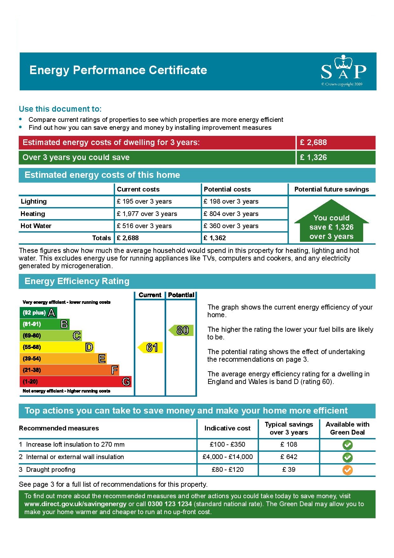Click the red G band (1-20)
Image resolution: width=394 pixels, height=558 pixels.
point(75,381)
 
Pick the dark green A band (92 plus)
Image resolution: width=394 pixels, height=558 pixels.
point(38,312)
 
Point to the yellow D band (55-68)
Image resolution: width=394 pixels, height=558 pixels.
point(57,347)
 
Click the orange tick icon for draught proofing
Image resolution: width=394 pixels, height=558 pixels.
point(347,470)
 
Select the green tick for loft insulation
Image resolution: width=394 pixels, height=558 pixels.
point(347,445)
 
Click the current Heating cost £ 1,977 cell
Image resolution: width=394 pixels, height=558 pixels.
point(147,214)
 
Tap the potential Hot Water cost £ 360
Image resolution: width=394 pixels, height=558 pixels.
point(231,226)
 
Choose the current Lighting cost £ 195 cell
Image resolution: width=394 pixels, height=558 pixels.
point(144,201)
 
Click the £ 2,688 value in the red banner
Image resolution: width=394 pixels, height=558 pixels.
point(313,143)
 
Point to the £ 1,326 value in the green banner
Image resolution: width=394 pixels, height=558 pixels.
point(313,157)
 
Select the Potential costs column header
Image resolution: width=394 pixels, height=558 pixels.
point(227,189)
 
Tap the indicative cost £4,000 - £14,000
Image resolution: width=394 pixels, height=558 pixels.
point(228,457)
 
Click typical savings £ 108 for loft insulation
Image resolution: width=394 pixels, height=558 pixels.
point(289,444)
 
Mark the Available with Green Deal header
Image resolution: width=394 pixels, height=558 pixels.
point(347,428)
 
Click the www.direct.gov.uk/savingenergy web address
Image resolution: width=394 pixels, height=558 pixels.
point(75,504)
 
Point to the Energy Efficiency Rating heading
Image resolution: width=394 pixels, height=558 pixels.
point(77,281)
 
